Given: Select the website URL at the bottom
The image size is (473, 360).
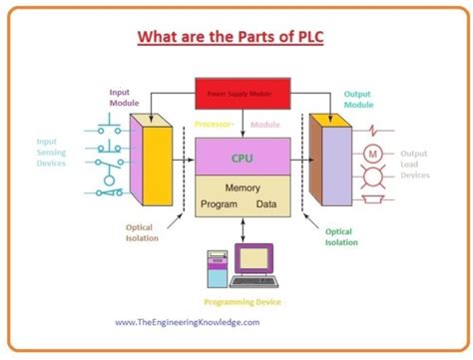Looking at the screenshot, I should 187,323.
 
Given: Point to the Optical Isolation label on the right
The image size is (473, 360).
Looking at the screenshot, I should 339,236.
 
